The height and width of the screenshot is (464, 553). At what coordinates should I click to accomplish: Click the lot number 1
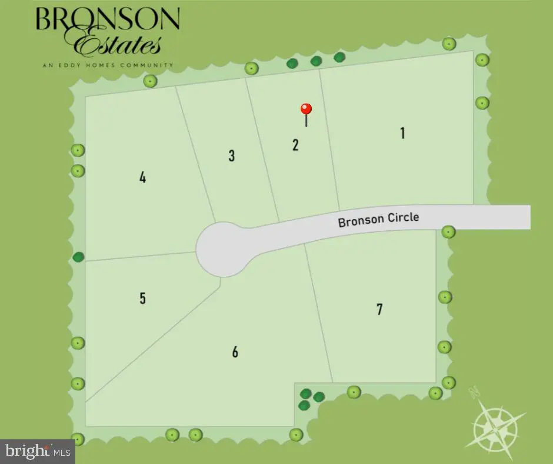click(x=402, y=133)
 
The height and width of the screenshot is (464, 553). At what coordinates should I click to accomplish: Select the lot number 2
click(x=295, y=145)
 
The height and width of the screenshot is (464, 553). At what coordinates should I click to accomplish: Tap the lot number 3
click(x=232, y=156)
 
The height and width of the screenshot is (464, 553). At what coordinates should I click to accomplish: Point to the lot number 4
click(x=142, y=177)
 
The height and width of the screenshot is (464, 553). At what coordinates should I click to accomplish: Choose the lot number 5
click(x=142, y=299)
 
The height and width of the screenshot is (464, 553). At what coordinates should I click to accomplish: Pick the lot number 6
click(x=235, y=352)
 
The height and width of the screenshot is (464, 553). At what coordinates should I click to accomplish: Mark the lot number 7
click(x=379, y=309)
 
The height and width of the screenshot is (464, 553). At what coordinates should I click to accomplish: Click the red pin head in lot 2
click(x=306, y=109)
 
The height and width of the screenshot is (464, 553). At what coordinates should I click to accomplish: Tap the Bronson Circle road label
click(x=378, y=220)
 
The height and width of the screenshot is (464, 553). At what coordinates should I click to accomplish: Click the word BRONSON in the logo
click(x=107, y=19)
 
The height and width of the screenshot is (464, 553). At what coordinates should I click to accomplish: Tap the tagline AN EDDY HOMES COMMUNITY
click(x=108, y=65)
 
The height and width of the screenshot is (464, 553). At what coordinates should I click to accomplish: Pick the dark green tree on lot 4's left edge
click(x=78, y=257)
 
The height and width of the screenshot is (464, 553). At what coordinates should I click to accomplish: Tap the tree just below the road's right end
click(x=448, y=232)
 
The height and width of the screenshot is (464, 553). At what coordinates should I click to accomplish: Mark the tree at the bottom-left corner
click(x=77, y=439)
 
